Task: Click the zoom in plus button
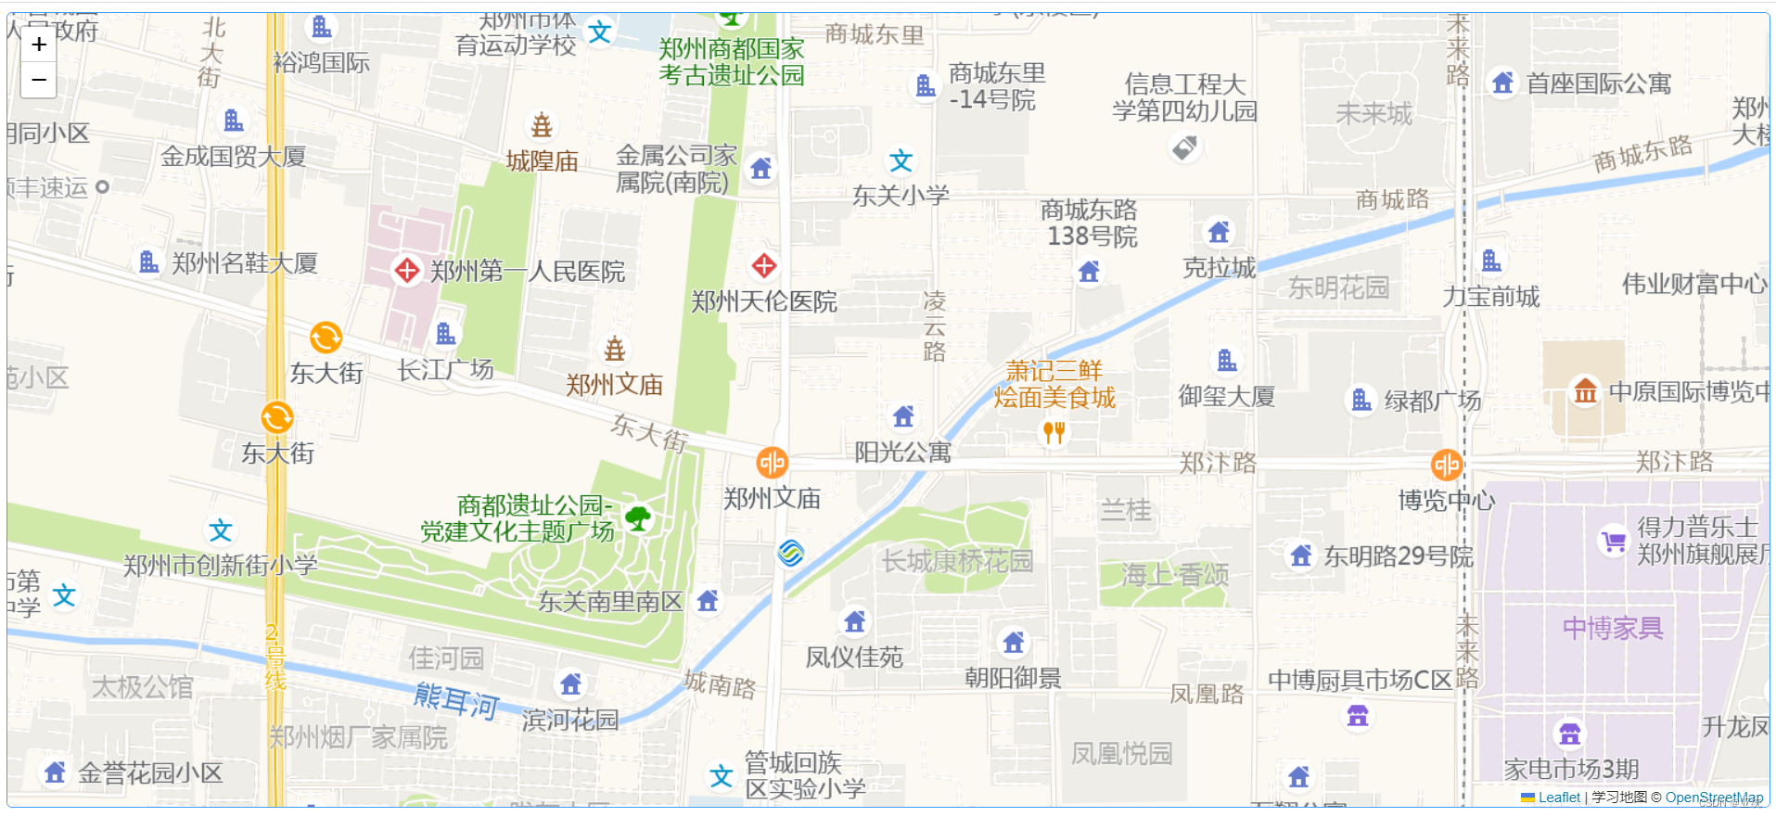[x=39, y=45]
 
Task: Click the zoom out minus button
[x=39, y=81]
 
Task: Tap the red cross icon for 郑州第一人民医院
[x=407, y=271]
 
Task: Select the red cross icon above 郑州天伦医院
[x=764, y=266]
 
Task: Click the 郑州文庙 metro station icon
[x=772, y=462]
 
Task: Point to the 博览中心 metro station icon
[x=1447, y=465]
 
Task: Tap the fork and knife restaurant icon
[x=1054, y=432]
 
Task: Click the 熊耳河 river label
[x=456, y=700]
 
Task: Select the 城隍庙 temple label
[x=543, y=161]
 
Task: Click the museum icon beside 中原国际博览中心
[x=1585, y=391]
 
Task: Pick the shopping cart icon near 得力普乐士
[x=1614, y=541]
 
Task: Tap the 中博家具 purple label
[x=1613, y=629]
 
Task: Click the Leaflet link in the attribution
[x=1559, y=798]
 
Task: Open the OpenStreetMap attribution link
[x=1714, y=798]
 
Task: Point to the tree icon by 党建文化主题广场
[x=638, y=517]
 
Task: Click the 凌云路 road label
[x=934, y=326]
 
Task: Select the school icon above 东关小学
[x=901, y=161]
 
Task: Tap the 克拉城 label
[x=1219, y=268]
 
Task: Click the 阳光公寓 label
[x=902, y=453]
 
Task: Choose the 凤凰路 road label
[x=1207, y=694]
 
